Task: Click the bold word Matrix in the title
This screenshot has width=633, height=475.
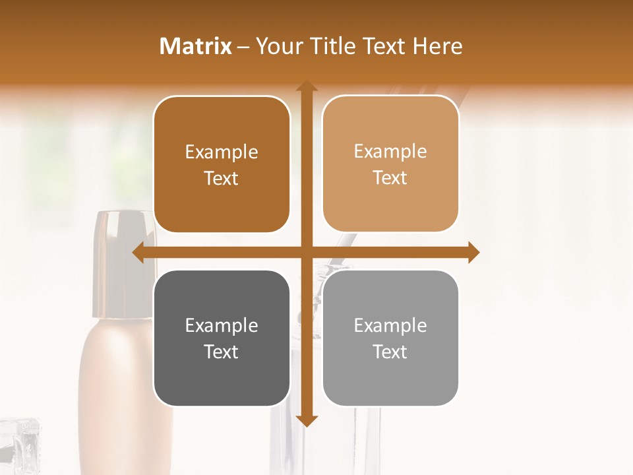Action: click(196, 46)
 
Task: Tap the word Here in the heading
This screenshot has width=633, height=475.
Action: click(438, 46)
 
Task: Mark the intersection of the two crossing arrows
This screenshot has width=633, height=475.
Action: click(306, 253)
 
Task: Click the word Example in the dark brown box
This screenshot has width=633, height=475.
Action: click(222, 152)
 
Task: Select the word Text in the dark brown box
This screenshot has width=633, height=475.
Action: click(222, 178)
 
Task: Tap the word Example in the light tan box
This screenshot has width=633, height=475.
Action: click(390, 152)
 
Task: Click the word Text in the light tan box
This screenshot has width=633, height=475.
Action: click(390, 178)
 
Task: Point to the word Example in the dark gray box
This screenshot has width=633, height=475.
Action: click(222, 326)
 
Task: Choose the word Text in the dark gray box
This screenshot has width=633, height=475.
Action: click(222, 352)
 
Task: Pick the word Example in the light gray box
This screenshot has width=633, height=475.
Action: click(390, 326)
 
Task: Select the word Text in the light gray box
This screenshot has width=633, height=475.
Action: click(390, 352)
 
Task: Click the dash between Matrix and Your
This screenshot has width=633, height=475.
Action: click(244, 47)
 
